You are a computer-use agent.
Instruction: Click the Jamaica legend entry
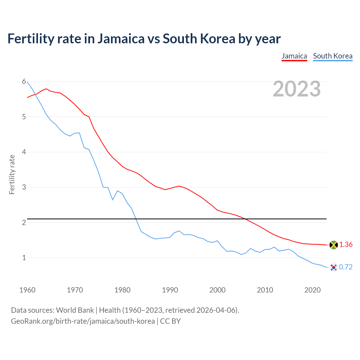coord(294,56)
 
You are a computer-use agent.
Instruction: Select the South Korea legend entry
coord(332,56)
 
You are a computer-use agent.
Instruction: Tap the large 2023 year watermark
coord(297,89)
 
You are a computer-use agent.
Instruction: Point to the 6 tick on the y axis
coord(24,82)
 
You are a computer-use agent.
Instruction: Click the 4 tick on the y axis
coord(24,152)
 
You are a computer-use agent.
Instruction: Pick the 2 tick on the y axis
coord(24,222)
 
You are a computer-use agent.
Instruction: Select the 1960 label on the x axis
coord(27,290)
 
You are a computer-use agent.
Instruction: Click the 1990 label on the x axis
coord(170,290)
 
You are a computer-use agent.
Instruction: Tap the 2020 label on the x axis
coord(312,290)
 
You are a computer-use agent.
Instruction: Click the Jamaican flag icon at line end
coord(333,245)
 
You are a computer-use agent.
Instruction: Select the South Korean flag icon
coord(333,267)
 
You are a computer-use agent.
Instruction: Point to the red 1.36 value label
coord(346,245)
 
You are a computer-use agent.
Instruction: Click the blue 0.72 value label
coord(346,267)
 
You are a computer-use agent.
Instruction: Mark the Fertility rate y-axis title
coord(12,174)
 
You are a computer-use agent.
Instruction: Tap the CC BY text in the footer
coord(170,321)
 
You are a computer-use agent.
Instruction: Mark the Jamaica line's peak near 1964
coord(46,89)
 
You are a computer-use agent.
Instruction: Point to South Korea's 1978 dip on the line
coord(113,200)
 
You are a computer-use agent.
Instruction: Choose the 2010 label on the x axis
coord(265,290)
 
